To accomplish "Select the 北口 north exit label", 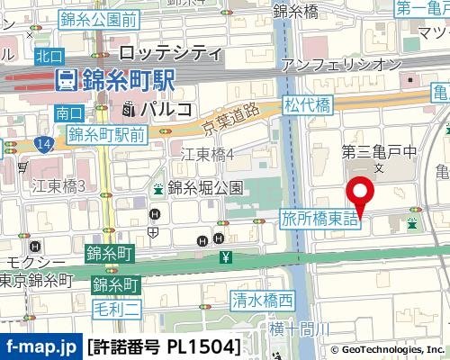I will [49, 56].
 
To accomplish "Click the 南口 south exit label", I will [68, 113].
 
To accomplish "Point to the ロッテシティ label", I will [170, 51].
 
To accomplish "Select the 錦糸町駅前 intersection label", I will [105, 136].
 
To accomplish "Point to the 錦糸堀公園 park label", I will [205, 188].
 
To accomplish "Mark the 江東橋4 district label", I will [208, 155].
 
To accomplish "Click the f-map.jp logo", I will [40, 346].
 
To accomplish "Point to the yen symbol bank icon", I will [224, 258].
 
